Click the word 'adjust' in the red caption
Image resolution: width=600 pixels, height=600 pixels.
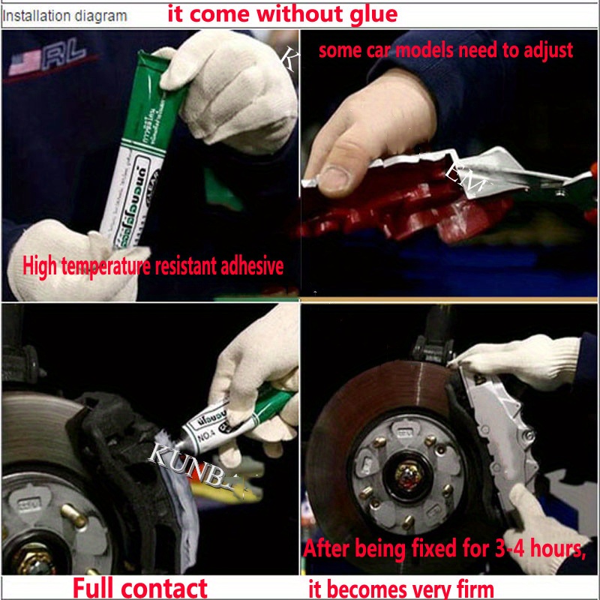547,50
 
